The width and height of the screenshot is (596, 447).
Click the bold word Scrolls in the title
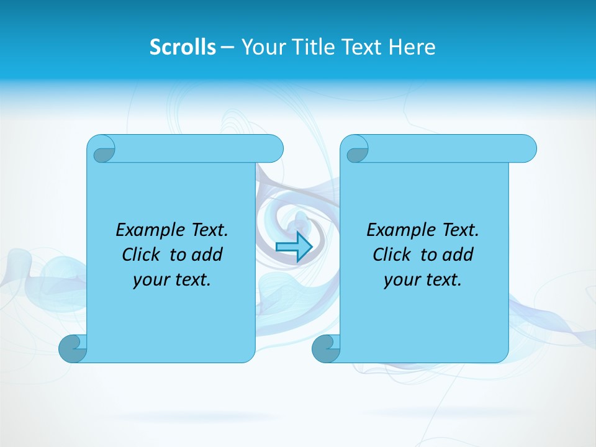tap(183, 47)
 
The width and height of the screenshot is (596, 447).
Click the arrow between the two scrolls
tap(293, 246)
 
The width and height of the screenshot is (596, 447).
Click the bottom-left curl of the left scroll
tap(73, 348)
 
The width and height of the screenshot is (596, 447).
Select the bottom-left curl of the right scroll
tap(326, 348)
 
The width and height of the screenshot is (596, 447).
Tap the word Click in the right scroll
tap(392, 255)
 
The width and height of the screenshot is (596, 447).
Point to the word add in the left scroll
tap(208, 255)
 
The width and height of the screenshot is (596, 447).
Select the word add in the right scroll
tap(459, 255)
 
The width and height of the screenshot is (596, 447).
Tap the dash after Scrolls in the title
tap(227, 47)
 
